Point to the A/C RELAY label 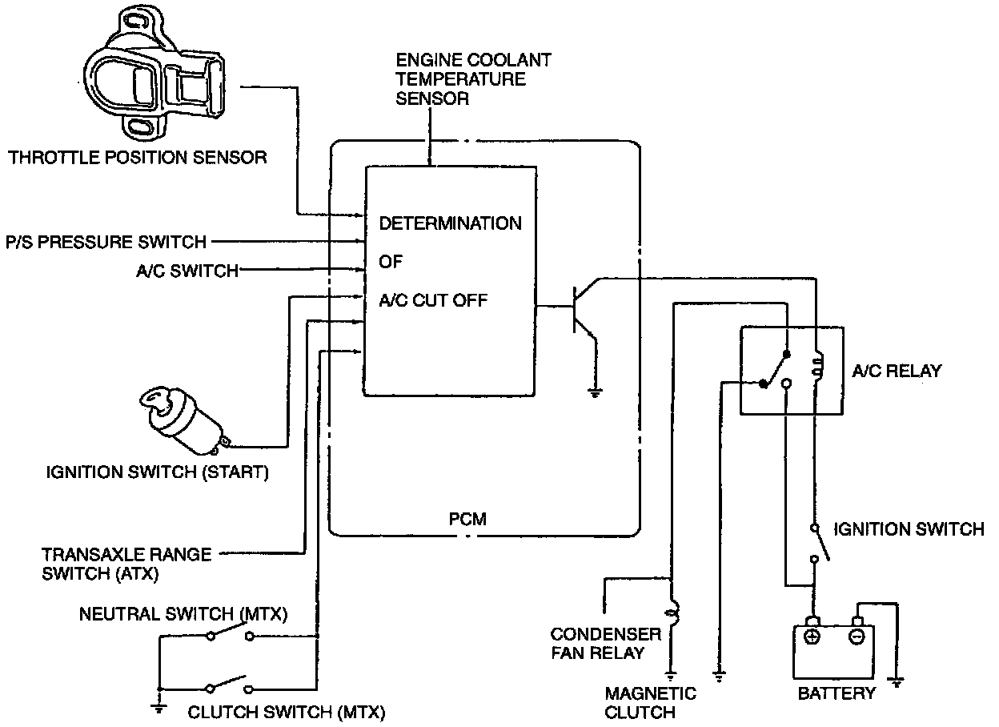coord(897,372)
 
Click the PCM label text coord(467,519)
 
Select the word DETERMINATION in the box coord(450,223)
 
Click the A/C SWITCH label coord(187,271)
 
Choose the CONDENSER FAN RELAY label coord(606,644)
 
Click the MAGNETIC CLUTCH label coord(651,702)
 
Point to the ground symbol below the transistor coord(595,391)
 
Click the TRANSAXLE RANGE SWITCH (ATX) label coord(126,563)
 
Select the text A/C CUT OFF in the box coord(433,301)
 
